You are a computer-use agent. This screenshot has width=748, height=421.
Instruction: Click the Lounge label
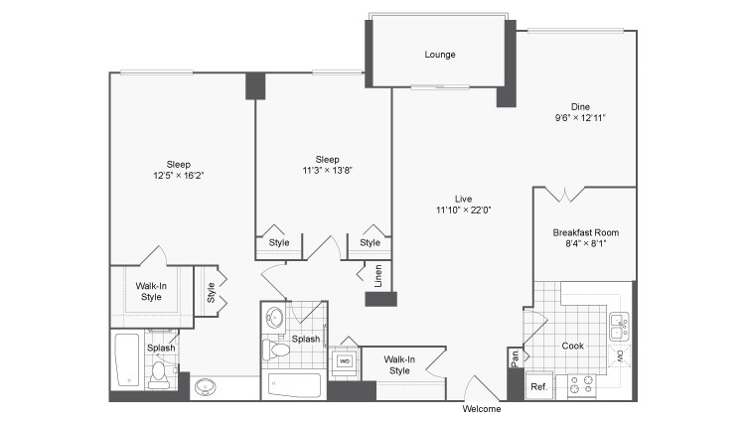click(x=440, y=55)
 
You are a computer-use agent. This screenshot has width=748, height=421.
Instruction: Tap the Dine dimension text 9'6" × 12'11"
click(x=580, y=117)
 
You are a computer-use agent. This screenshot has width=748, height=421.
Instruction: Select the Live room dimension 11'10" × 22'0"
click(x=463, y=210)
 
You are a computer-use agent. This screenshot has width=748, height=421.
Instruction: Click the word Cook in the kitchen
click(x=573, y=347)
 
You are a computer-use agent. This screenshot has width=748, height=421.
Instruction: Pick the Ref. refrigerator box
click(x=537, y=386)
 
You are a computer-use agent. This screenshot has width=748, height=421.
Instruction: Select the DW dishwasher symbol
click(x=620, y=354)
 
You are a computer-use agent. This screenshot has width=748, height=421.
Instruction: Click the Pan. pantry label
click(x=515, y=356)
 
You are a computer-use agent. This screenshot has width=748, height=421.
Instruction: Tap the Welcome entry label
click(x=482, y=409)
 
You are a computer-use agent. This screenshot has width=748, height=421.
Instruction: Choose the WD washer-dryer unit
click(x=345, y=360)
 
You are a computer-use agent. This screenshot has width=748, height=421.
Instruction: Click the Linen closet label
click(x=378, y=276)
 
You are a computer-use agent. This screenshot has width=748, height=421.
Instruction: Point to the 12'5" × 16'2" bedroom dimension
click(x=179, y=175)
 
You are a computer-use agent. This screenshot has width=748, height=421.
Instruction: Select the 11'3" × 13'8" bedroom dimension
click(x=327, y=170)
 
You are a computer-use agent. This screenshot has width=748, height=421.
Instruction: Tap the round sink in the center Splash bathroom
click(x=275, y=318)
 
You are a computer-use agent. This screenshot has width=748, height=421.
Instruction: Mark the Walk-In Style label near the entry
click(x=399, y=364)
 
